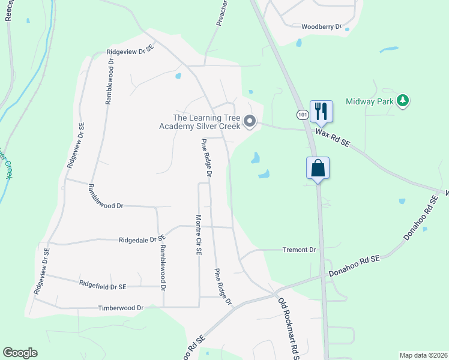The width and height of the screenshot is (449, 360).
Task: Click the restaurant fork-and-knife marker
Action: click(321, 111)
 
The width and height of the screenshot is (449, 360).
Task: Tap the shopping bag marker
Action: click(318, 168)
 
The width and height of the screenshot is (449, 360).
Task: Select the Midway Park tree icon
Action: click(404, 101)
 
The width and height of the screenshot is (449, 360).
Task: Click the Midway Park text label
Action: click(370, 101)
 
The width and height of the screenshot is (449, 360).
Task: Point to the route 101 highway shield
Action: click(302, 114)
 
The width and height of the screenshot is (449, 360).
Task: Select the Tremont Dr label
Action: click(298, 250)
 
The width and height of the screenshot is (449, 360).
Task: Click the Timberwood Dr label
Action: click(121, 308)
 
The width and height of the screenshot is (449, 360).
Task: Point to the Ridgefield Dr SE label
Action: click(103, 284)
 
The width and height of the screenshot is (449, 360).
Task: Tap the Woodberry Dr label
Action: click(321, 26)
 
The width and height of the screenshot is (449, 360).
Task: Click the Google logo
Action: click(20, 353)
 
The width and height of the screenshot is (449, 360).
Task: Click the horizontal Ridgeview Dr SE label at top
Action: click(130, 52)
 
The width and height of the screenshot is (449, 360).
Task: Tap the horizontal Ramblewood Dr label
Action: click(105, 205)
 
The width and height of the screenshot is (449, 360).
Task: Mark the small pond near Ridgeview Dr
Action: click(177, 76)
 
